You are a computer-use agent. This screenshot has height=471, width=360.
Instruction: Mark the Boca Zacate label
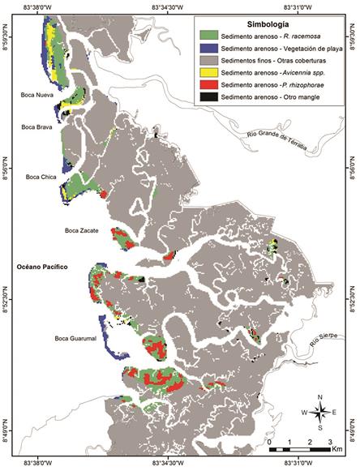(82, 231)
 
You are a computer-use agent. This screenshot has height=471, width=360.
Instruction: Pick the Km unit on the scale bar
(336, 447)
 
